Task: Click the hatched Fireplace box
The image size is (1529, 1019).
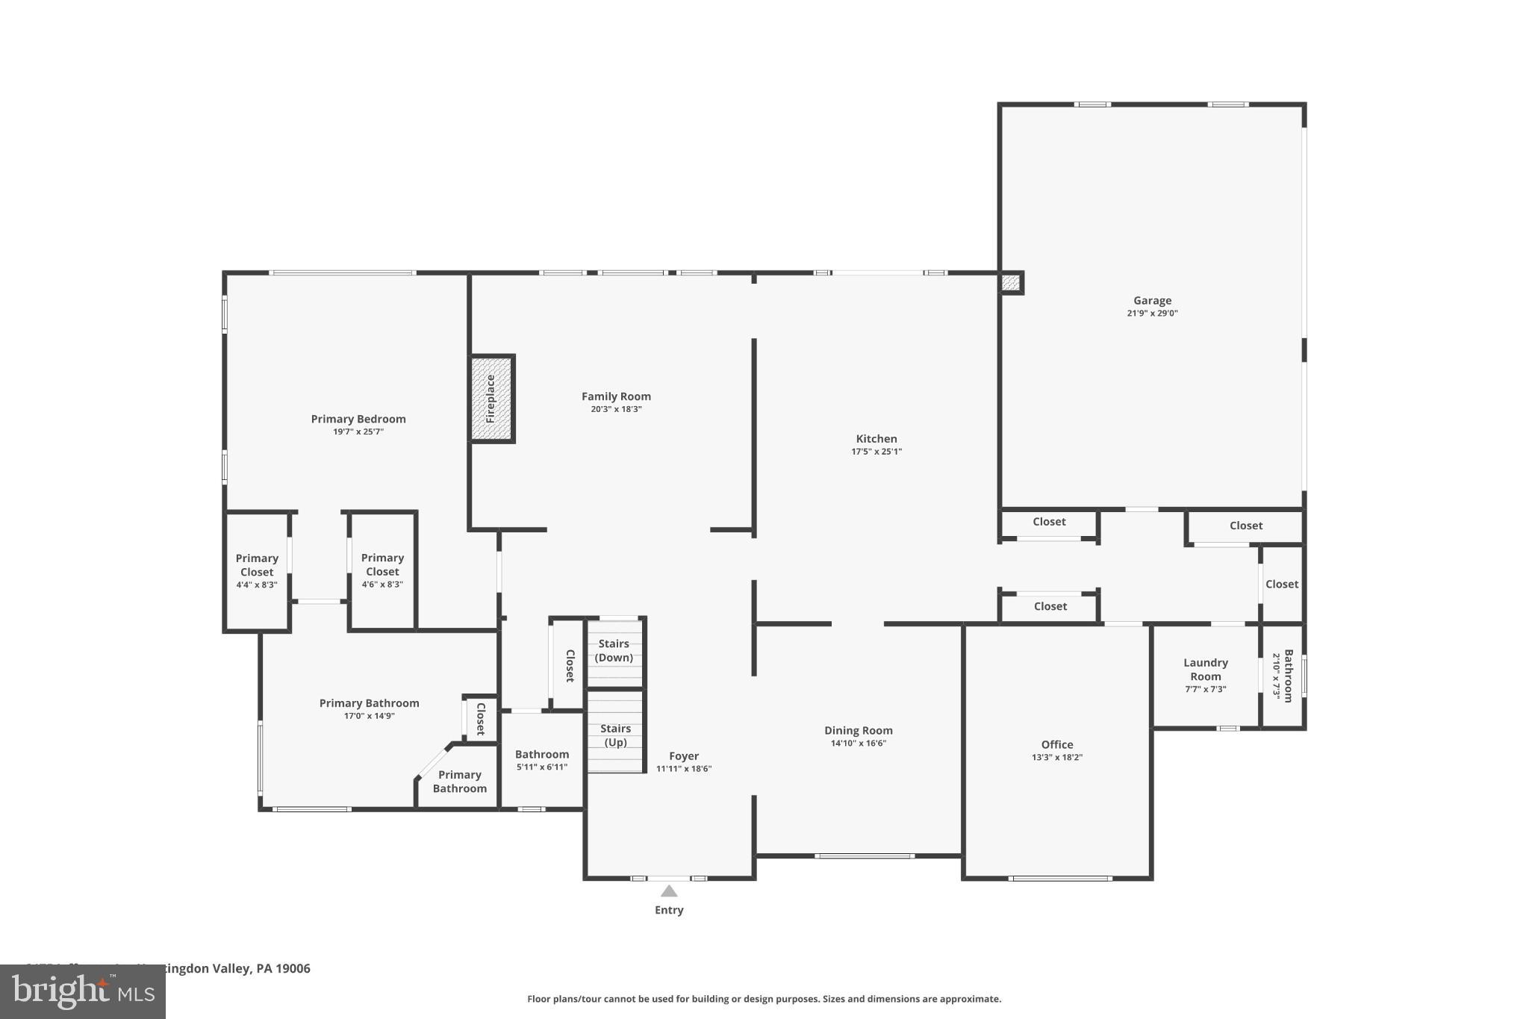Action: pyautogui.click(x=491, y=399)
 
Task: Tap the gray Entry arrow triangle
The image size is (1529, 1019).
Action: pyautogui.click(x=669, y=891)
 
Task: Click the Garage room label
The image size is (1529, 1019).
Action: pyautogui.click(x=1152, y=301)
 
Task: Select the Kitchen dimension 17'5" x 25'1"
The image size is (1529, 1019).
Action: pyautogui.click(x=876, y=452)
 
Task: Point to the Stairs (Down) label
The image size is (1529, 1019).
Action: pyautogui.click(x=614, y=650)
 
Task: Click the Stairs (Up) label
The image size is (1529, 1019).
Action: pyautogui.click(x=615, y=735)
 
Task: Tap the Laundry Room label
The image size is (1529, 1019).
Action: pyautogui.click(x=1205, y=670)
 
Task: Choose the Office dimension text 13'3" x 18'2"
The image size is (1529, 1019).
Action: pyautogui.click(x=1056, y=757)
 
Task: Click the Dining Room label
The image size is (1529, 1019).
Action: pyautogui.click(x=858, y=731)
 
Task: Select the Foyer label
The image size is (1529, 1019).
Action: pyautogui.click(x=683, y=756)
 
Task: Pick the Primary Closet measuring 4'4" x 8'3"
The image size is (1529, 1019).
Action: pyautogui.click(x=257, y=570)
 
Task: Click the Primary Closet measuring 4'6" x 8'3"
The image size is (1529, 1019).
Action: pyautogui.click(x=382, y=570)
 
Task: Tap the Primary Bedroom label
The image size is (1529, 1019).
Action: pyautogui.click(x=358, y=419)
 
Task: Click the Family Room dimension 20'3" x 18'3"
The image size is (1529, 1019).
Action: pyautogui.click(x=616, y=409)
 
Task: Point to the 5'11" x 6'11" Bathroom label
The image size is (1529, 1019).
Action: pyautogui.click(x=542, y=760)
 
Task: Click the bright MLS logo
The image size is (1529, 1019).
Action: pyautogui.click(x=82, y=991)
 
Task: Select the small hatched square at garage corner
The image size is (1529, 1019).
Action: pyautogui.click(x=1010, y=283)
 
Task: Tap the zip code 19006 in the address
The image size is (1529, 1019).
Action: pyautogui.click(x=293, y=968)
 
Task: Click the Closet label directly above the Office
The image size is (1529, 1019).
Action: pyautogui.click(x=1050, y=606)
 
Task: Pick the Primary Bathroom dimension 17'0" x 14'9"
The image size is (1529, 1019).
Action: pyautogui.click(x=369, y=716)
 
